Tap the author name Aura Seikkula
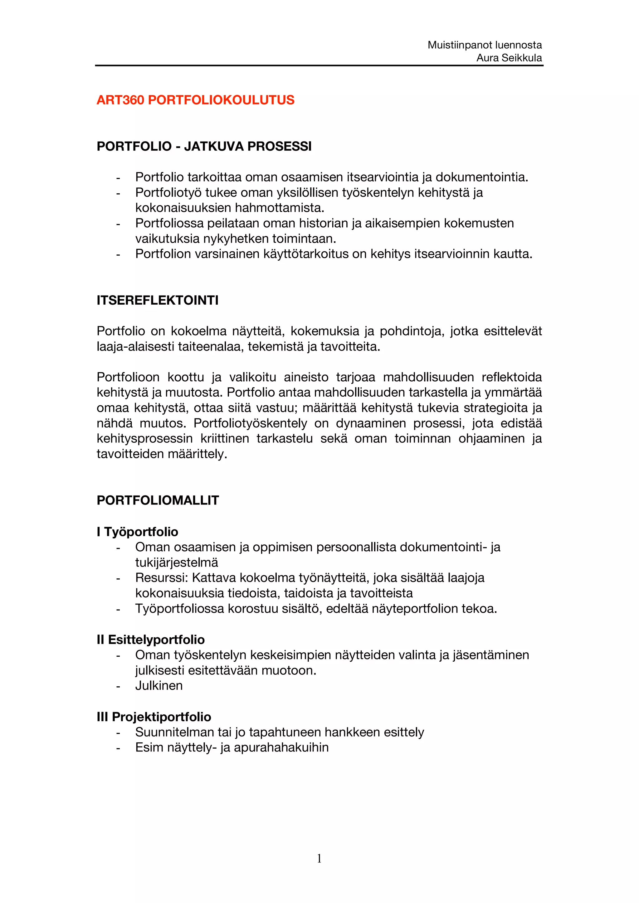click(509, 58)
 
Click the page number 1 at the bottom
click(319, 858)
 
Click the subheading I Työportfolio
click(137, 532)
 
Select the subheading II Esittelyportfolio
click(150, 640)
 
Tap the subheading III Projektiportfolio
click(154, 717)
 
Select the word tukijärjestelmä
click(176, 563)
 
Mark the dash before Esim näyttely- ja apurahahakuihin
click(118, 748)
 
